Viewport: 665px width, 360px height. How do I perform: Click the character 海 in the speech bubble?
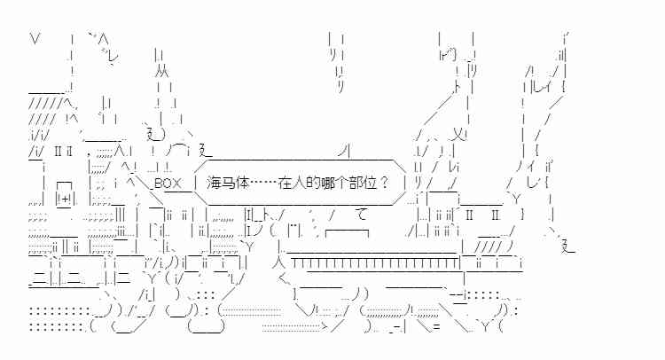215,183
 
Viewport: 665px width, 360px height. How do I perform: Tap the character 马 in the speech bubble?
228,183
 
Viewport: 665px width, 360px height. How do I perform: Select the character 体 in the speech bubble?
242,183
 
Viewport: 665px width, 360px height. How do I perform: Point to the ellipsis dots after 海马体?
263,184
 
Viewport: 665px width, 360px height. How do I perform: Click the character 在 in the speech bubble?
285,183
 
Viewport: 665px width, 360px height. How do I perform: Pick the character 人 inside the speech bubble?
299,183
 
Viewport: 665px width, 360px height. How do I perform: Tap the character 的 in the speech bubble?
313,183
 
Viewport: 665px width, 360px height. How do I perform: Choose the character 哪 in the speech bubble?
326,183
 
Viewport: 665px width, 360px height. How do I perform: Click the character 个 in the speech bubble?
340,183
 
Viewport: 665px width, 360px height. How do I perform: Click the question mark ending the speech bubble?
383,183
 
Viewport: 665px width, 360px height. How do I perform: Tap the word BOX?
168,184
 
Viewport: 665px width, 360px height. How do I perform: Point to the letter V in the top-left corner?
35,39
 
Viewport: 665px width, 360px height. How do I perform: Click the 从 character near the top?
162,71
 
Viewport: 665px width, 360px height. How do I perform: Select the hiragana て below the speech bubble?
362,214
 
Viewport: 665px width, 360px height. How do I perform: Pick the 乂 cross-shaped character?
458,135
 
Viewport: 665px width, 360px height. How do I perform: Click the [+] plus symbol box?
65,200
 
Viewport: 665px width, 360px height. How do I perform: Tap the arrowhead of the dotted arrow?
324,326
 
